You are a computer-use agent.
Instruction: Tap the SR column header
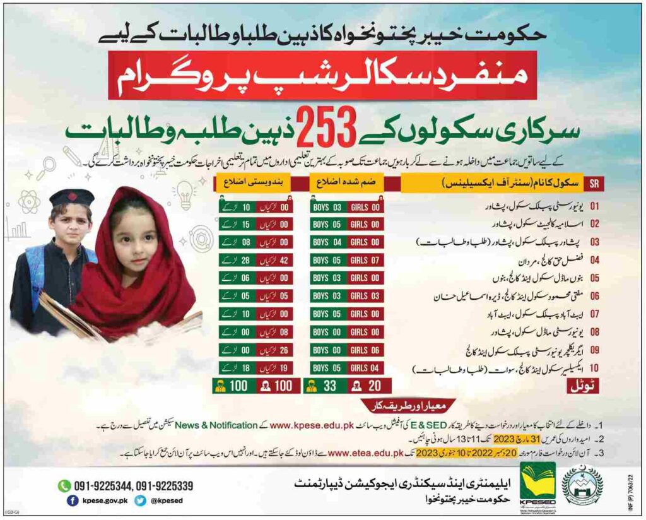click(593, 185)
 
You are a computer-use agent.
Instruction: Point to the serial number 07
click(593, 314)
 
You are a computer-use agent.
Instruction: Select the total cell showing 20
click(369, 386)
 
